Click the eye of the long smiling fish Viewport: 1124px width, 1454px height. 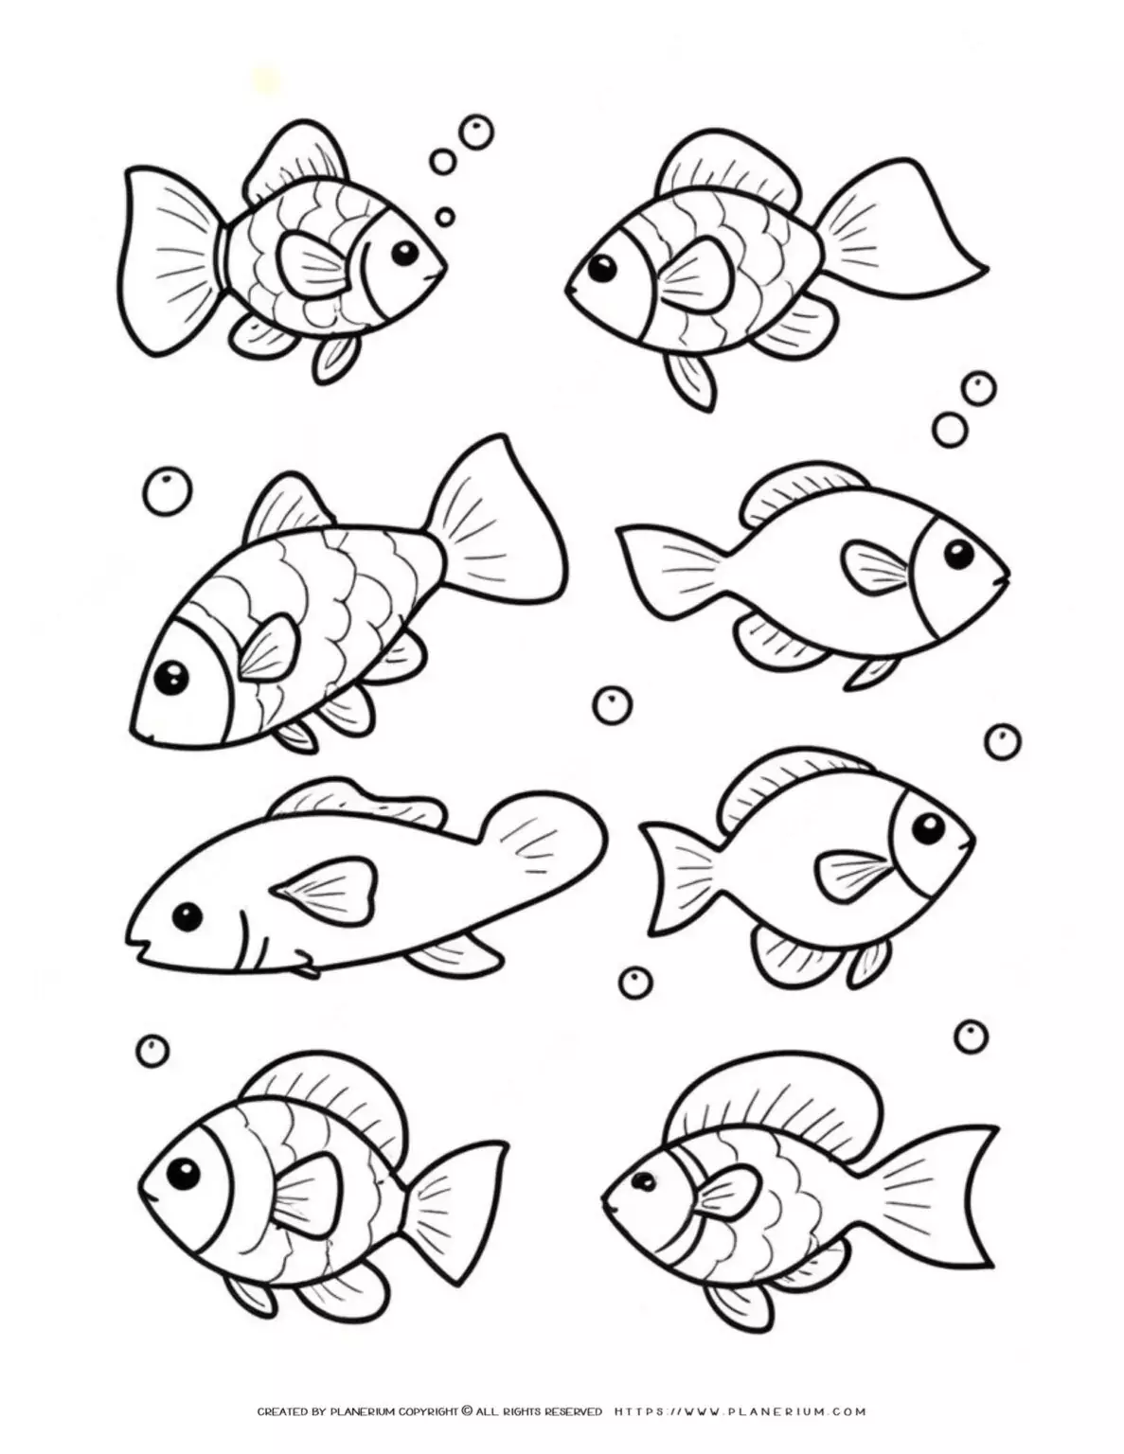coord(187,916)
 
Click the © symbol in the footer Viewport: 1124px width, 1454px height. coord(466,1437)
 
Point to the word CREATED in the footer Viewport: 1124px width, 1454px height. coord(283,1438)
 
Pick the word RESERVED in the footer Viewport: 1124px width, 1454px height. coord(573,1438)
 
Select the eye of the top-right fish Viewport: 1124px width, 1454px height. coord(600,270)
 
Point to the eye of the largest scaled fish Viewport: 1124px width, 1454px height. coord(173,675)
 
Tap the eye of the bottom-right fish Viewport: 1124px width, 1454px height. coord(644,1181)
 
